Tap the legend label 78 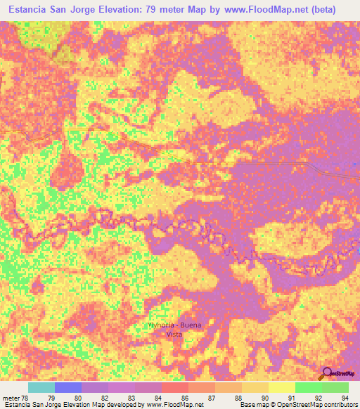coord(26,397)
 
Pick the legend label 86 coord(185,397)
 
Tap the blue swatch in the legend coord(67,387)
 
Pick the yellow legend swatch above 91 coord(281,387)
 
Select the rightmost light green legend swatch coord(335,387)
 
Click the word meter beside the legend coord(11,397)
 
